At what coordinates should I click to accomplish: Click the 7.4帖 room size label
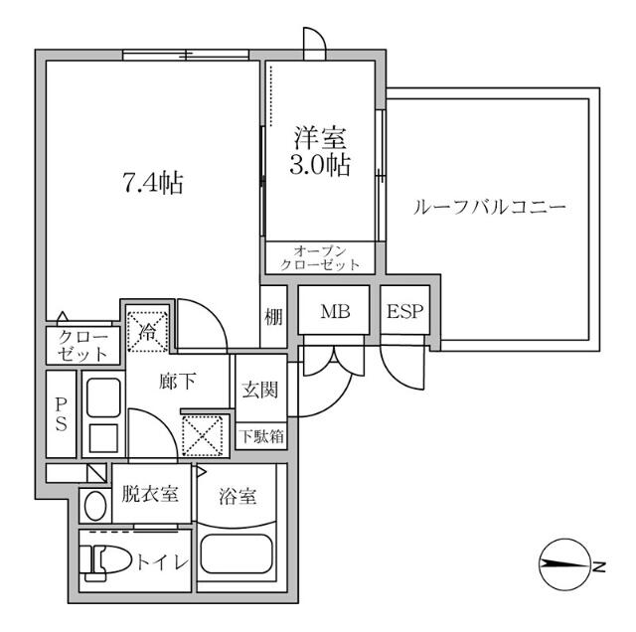click(x=152, y=183)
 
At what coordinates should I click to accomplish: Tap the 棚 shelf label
click(x=273, y=317)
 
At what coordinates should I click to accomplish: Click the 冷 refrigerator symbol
click(x=147, y=330)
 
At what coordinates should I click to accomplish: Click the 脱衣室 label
click(x=151, y=492)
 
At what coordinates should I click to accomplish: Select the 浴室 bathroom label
click(x=242, y=492)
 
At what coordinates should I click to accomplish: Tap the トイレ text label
click(x=161, y=563)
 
